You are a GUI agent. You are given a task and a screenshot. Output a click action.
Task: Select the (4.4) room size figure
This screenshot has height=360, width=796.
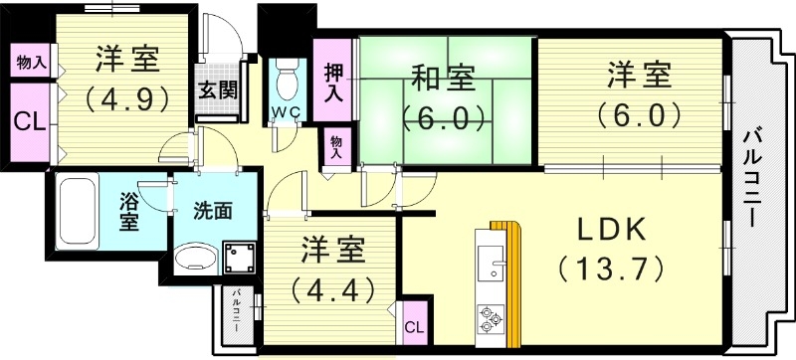pos(331,290)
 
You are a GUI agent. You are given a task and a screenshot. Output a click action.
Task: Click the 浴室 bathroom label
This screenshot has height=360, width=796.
pos(129,208)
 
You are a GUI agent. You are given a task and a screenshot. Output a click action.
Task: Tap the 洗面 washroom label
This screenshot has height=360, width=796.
pos(212,211)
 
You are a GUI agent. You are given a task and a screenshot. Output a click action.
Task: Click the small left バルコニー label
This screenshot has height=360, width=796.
pos(238,311)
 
